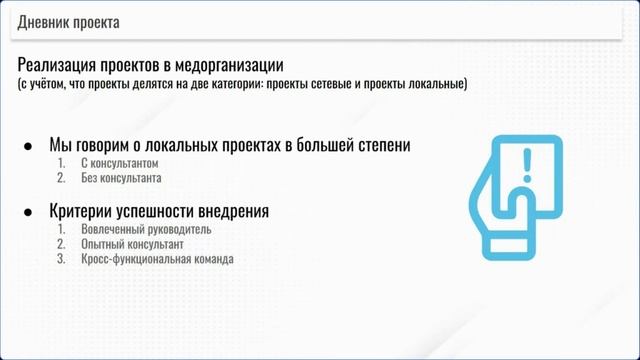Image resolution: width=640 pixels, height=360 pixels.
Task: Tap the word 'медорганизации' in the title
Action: [227, 65]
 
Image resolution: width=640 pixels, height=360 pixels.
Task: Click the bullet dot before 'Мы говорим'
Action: [28, 146]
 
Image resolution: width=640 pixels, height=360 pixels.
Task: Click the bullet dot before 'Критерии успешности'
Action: [28, 212]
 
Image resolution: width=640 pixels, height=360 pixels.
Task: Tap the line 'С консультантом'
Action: [121, 163]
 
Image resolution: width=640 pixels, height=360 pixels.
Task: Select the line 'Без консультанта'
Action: [121, 178]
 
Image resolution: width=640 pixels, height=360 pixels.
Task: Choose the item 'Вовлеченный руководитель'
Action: [147, 229]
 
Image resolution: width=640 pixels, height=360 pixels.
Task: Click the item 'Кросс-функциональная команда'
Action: [157, 259]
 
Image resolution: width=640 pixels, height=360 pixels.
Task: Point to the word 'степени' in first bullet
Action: [377, 146]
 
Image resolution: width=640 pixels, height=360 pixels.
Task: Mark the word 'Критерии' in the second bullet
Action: [82, 212]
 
